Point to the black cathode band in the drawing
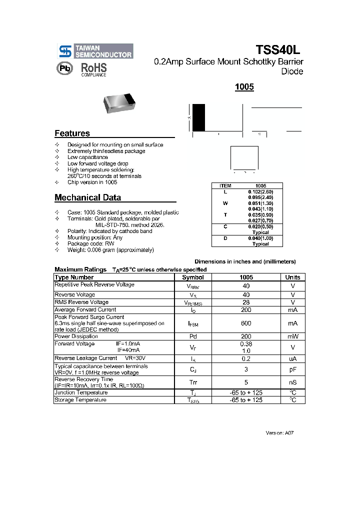pos(198,117)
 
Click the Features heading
pos(72,133)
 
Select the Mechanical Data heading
pos(87,197)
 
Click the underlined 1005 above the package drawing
pos(244,87)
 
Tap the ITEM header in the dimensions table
pos(225,185)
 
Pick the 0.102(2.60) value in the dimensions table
pos(260,191)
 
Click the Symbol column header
pos(192,277)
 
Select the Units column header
pos(292,277)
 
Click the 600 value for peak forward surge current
pos(246,323)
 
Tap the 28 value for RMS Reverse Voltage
pos(246,302)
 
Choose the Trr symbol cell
pos(192,382)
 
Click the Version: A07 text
pos(279,432)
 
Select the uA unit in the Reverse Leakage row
pos(292,359)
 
